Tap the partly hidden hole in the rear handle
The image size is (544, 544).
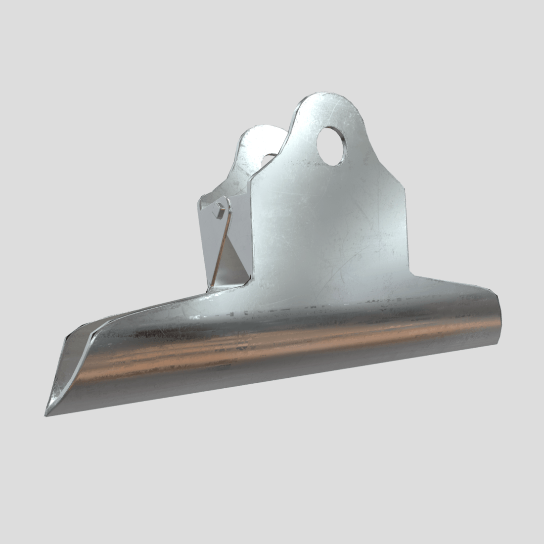click(x=269, y=159)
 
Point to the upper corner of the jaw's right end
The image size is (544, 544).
click(x=496, y=297)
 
